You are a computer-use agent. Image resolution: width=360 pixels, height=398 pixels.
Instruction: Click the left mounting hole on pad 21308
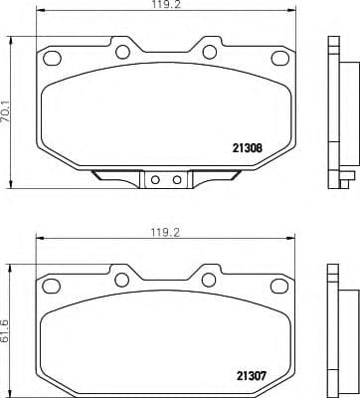[124, 52]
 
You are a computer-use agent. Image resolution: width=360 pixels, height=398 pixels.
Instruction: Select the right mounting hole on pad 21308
[211, 52]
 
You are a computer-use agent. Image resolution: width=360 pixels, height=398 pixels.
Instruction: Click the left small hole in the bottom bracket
[160, 180]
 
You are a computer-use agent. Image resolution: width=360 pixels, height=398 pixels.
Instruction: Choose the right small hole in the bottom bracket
[176, 180]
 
